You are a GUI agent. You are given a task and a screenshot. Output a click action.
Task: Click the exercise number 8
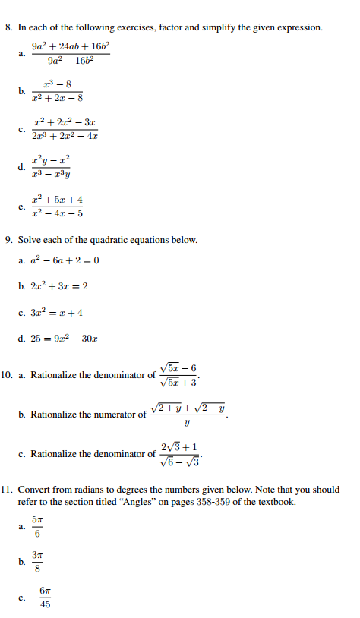point(8,27)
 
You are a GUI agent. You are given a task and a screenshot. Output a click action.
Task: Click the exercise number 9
point(8,240)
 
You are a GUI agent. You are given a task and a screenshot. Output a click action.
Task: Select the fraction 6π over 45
point(45,598)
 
